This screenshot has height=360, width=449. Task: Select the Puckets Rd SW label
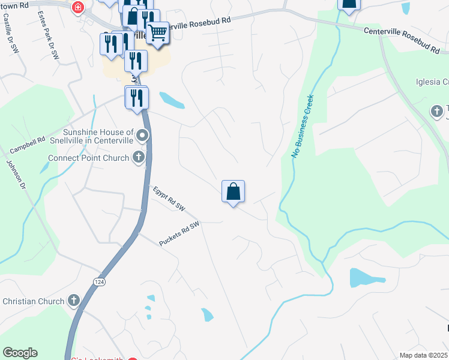[x=179, y=233]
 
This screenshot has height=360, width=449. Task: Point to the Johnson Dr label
[x=16, y=175]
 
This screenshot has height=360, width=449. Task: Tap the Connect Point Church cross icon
[x=139, y=158]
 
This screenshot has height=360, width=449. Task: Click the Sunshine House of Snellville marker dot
[x=142, y=135]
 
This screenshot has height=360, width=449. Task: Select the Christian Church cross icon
[x=74, y=300]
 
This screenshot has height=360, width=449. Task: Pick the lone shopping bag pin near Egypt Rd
[x=233, y=192]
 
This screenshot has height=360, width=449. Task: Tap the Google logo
[x=20, y=353]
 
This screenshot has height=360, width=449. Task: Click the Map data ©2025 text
[x=423, y=355]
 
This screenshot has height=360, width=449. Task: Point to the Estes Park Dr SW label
[x=47, y=35]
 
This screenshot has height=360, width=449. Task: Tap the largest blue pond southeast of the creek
[x=367, y=277]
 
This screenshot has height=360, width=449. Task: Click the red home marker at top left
[x=77, y=7]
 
